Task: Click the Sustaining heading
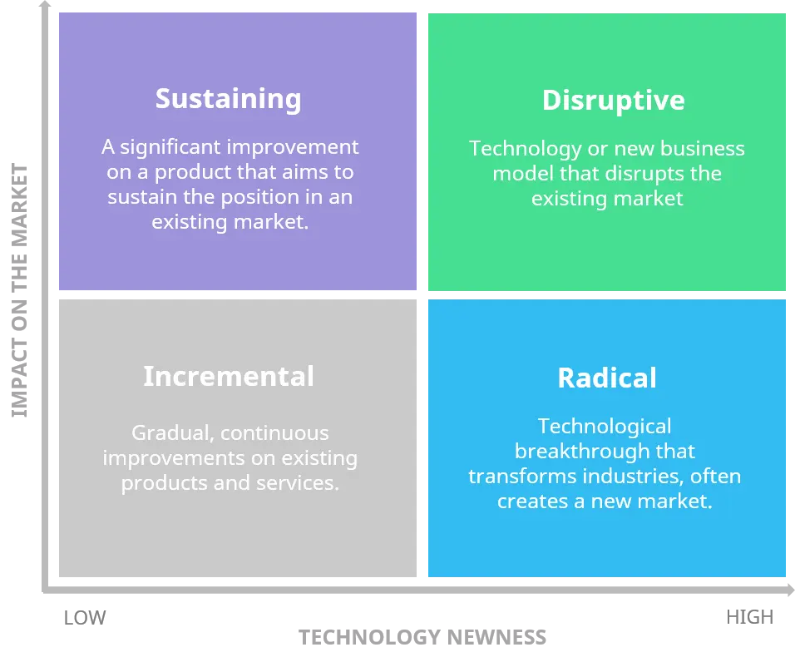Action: (x=228, y=99)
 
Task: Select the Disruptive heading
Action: (x=614, y=101)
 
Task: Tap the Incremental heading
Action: (x=229, y=376)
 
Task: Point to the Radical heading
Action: (x=607, y=378)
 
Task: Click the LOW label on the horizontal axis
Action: (x=85, y=618)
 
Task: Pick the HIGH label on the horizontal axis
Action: (x=750, y=617)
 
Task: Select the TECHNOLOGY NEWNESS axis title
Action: (x=422, y=637)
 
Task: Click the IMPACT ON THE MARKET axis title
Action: (x=19, y=290)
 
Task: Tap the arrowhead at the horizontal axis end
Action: (x=791, y=590)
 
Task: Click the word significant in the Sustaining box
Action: (x=170, y=147)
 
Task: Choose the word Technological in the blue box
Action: (x=605, y=427)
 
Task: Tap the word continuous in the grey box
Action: (x=274, y=433)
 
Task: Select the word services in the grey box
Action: (x=297, y=483)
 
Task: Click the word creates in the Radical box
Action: (x=532, y=501)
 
